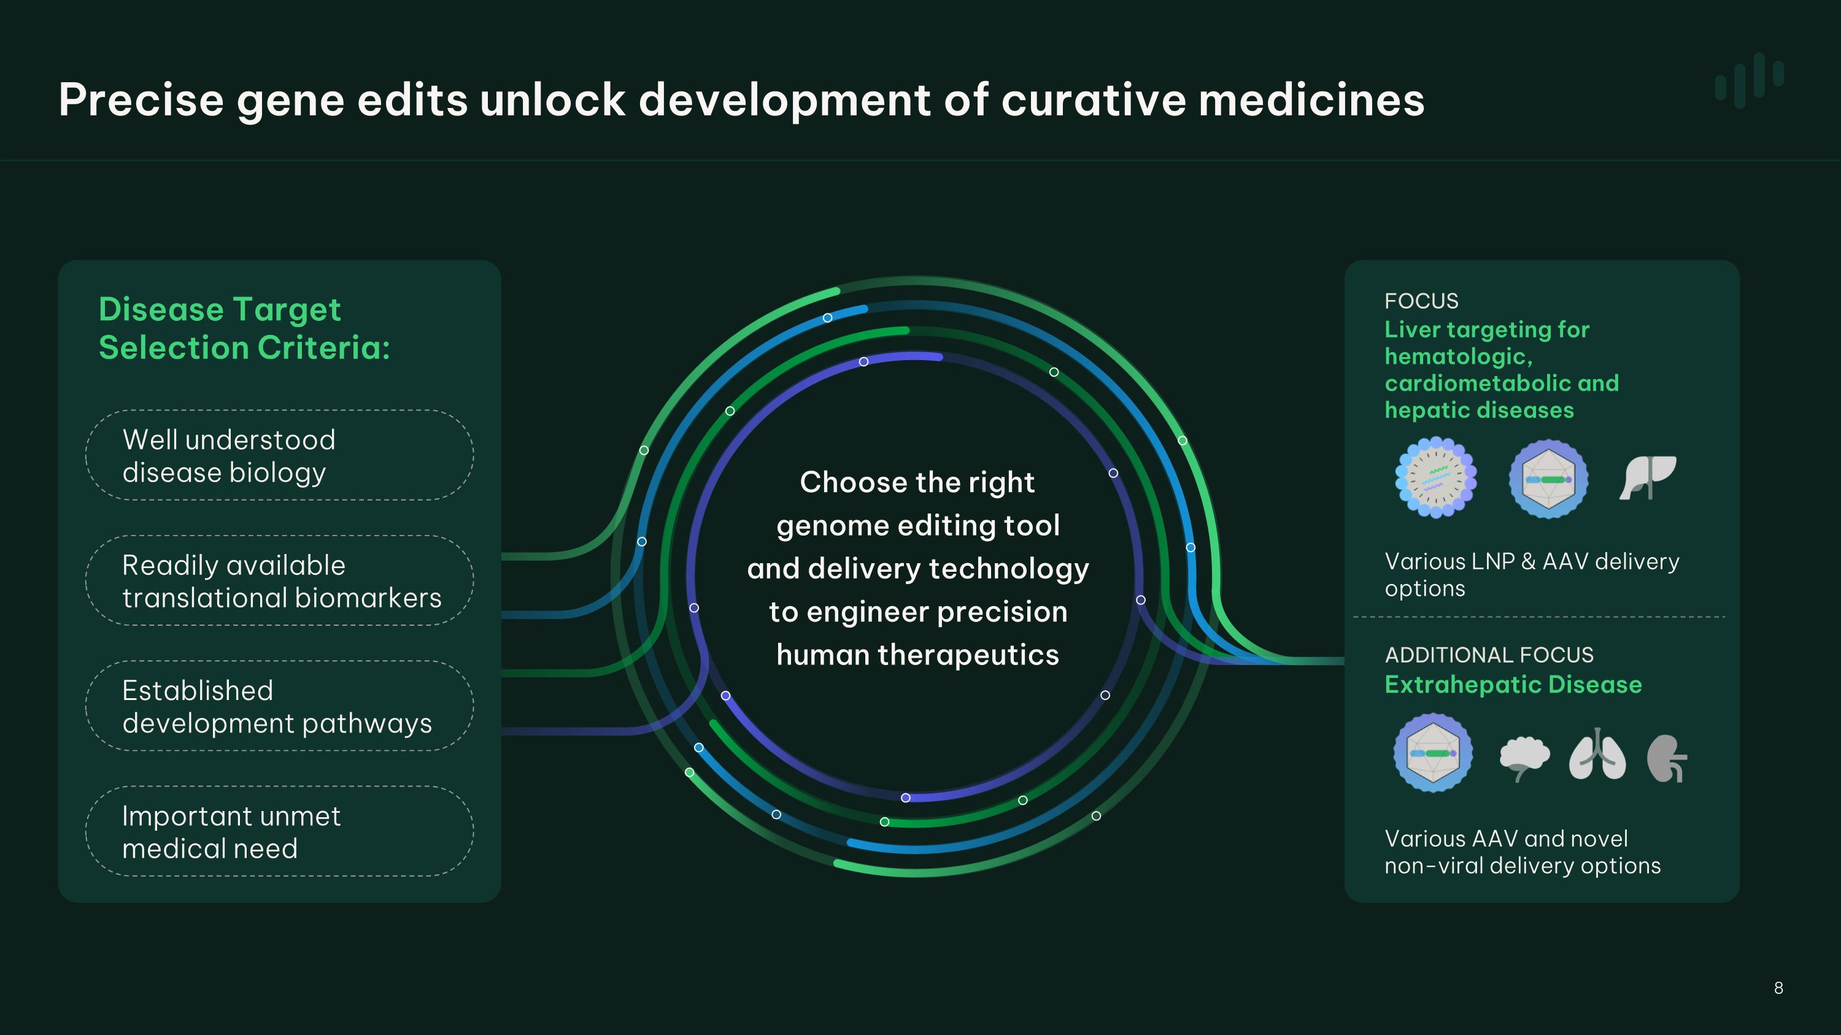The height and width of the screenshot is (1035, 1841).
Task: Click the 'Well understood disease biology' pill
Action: pyautogui.click(x=279, y=455)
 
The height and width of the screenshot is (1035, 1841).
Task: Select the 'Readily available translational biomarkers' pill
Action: pyautogui.click(x=279, y=581)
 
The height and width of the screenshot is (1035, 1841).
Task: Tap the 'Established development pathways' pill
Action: pyautogui.click(x=279, y=706)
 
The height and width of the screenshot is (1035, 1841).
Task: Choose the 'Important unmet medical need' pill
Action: pyautogui.click(x=279, y=831)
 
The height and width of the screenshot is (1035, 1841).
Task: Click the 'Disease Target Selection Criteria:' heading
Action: pyautogui.click(x=244, y=329)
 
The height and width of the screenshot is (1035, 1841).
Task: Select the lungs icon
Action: pyautogui.click(x=1597, y=755)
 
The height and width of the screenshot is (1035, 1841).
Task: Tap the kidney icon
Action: pyautogui.click(x=1667, y=758)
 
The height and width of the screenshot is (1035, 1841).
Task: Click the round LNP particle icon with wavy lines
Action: pyautogui.click(x=1436, y=478)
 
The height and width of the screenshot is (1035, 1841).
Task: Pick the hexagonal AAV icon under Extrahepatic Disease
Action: pyautogui.click(x=1433, y=753)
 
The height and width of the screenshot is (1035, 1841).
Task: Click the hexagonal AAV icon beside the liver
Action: pyautogui.click(x=1549, y=479)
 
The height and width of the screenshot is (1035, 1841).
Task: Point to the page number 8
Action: pyautogui.click(x=1778, y=988)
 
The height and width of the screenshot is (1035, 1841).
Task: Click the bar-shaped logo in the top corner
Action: pyautogui.click(x=1750, y=80)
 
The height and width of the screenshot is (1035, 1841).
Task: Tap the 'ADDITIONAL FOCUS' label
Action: pyautogui.click(x=1489, y=655)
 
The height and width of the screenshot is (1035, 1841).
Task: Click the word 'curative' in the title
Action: pyautogui.click(x=1094, y=99)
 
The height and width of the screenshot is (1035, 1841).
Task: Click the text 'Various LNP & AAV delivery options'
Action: pyautogui.click(x=1532, y=574)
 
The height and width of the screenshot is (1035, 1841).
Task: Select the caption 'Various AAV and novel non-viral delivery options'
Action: pyautogui.click(x=1523, y=852)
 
